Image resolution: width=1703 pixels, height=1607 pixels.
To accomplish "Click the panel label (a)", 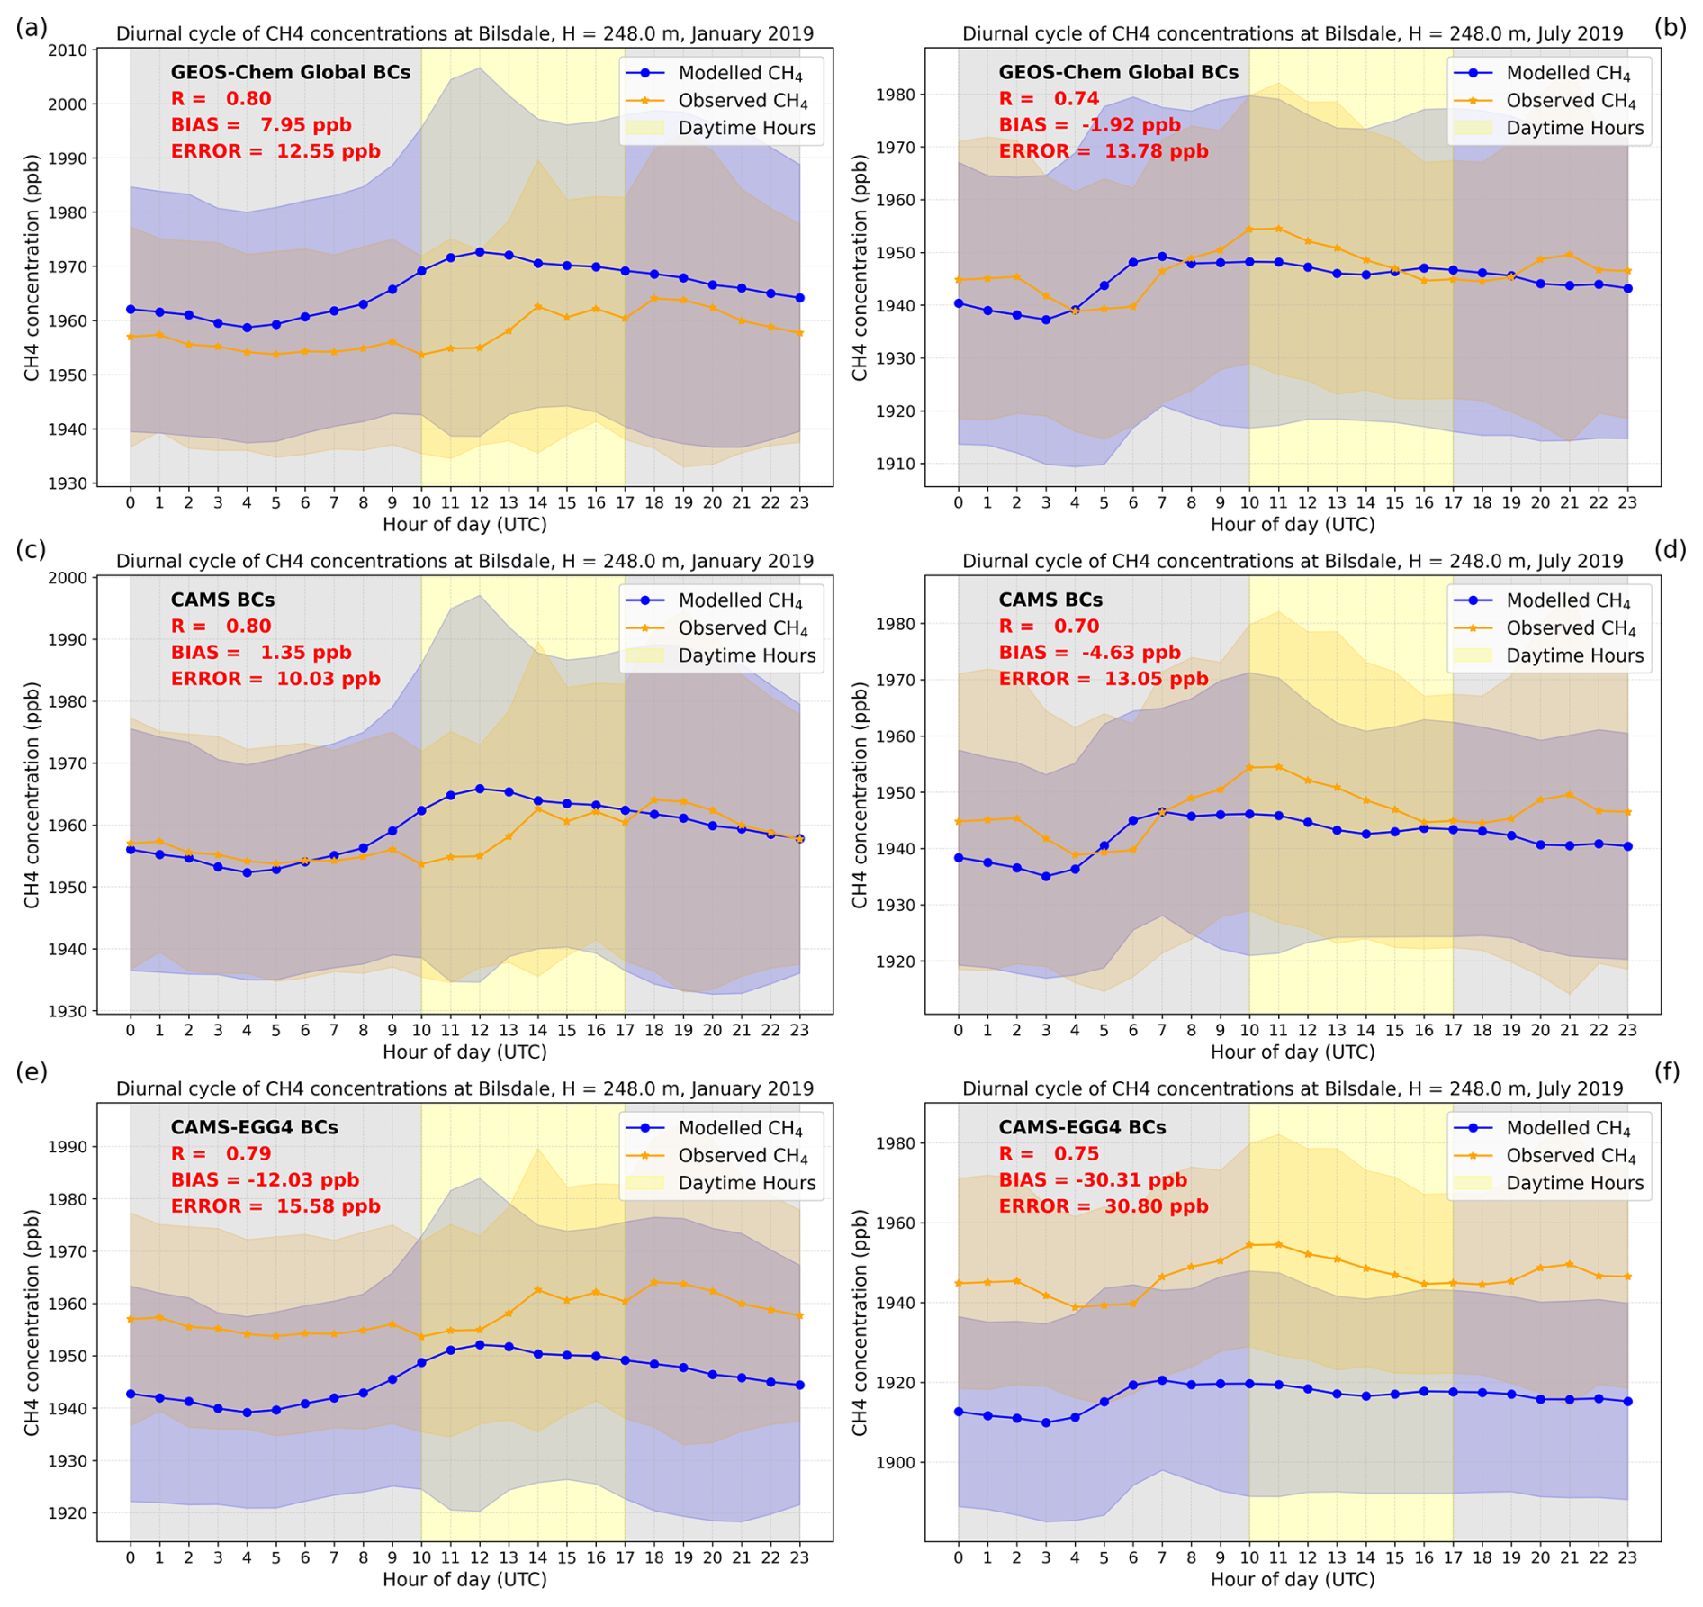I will (31, 28).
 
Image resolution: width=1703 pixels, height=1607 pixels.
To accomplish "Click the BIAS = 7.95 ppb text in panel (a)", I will (261, 125).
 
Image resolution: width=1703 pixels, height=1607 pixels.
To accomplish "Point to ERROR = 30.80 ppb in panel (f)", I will (1104, 1206).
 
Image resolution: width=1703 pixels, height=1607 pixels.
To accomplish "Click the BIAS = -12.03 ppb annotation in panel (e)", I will (265, 1180).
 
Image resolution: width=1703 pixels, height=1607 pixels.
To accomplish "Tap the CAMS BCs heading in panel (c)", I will (222, 600).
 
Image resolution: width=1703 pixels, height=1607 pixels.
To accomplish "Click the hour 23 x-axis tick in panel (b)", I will (1627, 502).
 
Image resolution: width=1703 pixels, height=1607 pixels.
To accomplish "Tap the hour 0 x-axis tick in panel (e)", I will (131, 1557).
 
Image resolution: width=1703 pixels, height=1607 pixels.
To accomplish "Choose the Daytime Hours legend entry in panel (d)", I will (1574, 655).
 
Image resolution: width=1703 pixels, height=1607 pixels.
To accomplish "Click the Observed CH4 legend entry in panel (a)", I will (743, 101).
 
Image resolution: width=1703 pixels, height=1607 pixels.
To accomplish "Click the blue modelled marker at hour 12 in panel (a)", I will (480, 252).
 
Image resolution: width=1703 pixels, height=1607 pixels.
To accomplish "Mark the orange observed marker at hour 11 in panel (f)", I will (1278, 1244).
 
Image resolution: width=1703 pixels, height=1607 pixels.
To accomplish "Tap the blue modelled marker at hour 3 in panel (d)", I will (1045, 876).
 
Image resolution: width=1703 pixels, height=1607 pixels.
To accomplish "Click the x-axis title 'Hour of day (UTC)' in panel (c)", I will (464, 1052).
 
